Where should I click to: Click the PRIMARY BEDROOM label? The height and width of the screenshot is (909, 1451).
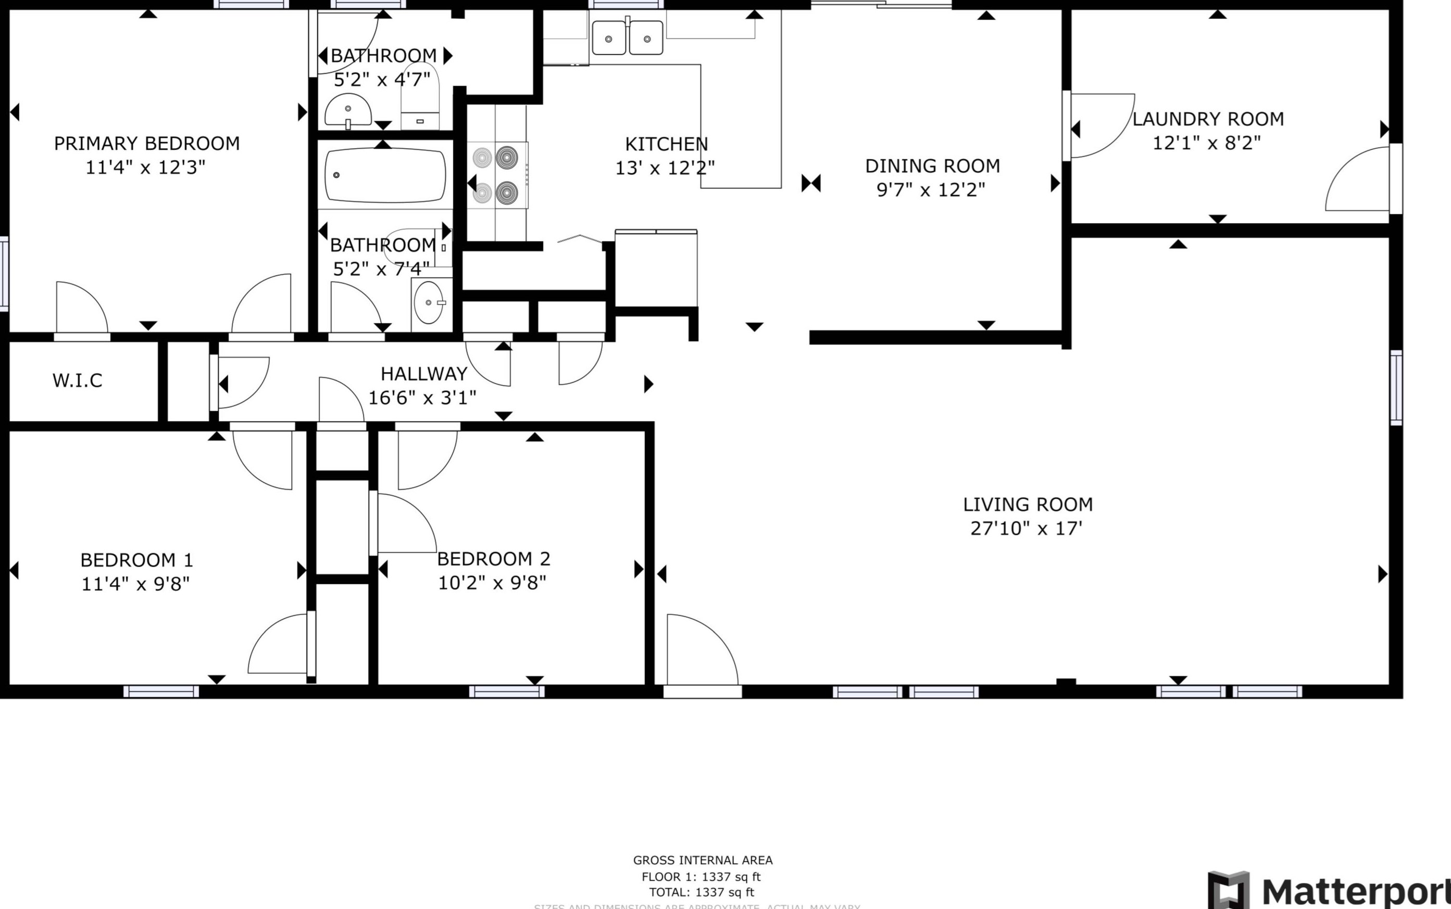pyautogui.click(x=147, y=143)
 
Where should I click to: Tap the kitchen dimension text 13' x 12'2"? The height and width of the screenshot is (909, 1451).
pyautogui.click(x=665, y=168)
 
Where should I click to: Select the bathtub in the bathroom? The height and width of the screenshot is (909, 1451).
pyautogui.click(x=385, y=175)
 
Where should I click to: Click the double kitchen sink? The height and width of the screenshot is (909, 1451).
pyautogui.click(x=628, y=39)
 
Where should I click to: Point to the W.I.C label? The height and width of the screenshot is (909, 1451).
pyautogui.click(x=78, y=380)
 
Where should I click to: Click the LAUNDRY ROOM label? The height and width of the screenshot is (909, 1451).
pyautogui.click(x=1208, y=119)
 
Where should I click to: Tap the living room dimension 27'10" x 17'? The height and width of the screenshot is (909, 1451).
pyautogui.click(x=1027, y=529)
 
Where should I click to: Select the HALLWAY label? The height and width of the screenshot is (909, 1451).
pyautogui.click(x=423, y=374)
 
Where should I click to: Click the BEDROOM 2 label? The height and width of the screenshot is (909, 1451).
pyautogui.click(x=493, y=559)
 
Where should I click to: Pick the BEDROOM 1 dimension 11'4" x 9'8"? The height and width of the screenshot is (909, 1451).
pyautogui.click(x=135, y=584)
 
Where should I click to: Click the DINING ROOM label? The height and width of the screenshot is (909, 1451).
pyautogui.click(x=932, y=166)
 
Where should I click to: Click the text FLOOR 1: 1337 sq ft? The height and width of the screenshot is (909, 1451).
pyautogui.click(x=702, y=877)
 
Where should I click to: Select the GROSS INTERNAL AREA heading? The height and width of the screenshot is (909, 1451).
pyautogui.click(x=703, y=860)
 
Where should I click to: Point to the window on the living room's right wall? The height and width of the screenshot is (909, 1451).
pyautogui.click(x=1396, y=388)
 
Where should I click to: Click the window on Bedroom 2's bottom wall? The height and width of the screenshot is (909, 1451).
pyautogui.click(x=507, y=692)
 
